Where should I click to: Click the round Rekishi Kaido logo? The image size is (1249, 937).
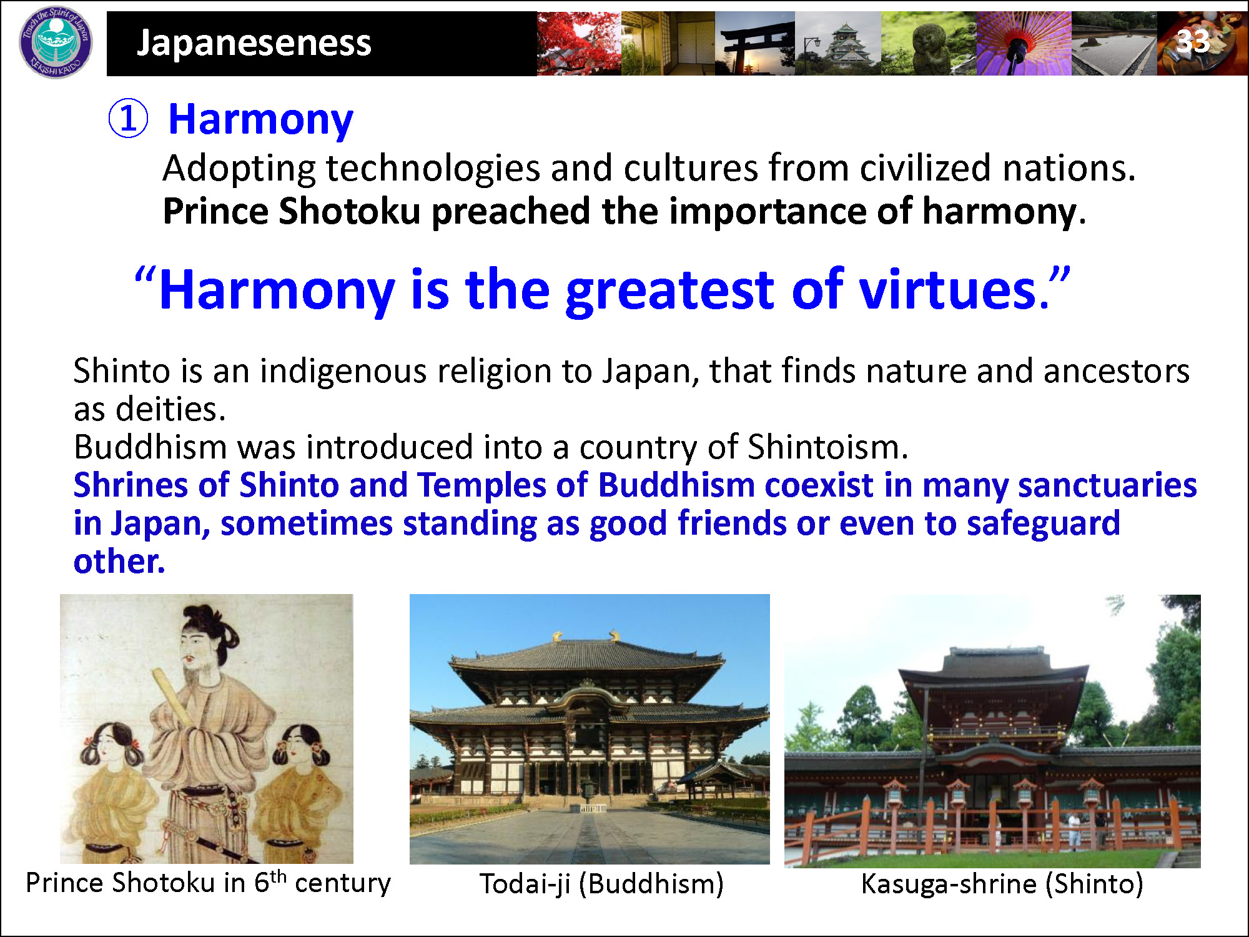(56, 42)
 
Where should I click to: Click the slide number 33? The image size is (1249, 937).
(1193, 41)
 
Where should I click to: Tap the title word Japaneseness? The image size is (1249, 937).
(254, 42)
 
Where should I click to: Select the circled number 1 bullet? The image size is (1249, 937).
(128, 119)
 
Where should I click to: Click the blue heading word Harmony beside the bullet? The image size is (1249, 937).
(261, 121)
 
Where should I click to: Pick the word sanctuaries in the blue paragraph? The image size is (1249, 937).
(1107, 485)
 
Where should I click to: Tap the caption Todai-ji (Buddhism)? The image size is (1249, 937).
(601, 884)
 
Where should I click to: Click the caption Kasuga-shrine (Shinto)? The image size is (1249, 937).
(1002, 884)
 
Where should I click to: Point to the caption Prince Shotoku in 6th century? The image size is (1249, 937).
(208, 883)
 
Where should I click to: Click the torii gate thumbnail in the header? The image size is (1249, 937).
(755, 43)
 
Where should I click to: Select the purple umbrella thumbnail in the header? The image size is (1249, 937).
(1024, 43)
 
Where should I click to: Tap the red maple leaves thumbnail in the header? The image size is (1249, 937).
(579, 43)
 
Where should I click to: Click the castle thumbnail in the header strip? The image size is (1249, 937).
(838, 43)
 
